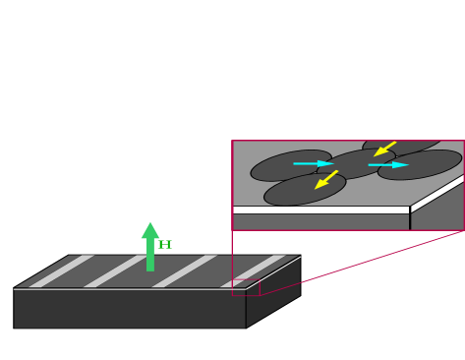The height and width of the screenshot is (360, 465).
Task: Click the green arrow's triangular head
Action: coord(149,231)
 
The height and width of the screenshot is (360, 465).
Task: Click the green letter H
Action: coord(165,245)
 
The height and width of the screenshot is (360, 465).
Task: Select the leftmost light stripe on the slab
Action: coord(62,271)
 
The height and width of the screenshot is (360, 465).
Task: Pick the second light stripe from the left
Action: coord(116,271)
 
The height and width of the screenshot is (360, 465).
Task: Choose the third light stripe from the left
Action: coord(185,271)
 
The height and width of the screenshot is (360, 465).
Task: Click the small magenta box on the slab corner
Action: coord(246,287)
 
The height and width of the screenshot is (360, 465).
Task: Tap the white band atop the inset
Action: coord(348,128)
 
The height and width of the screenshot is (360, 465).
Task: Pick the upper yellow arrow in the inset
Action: coord(384,149)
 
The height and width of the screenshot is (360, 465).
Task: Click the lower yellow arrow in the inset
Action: coord(326,179)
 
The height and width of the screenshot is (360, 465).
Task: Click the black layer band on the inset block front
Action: coord(320,210)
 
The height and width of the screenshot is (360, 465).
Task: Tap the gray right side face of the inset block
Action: coord(438,209)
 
